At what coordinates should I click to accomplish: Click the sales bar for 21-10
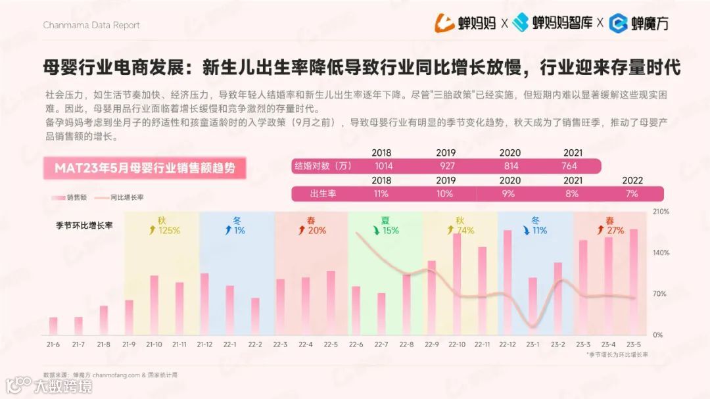154,305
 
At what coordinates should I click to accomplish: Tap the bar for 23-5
633,282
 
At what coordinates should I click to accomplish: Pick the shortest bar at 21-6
53,326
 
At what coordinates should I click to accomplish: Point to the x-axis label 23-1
532,344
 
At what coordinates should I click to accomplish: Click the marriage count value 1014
383,166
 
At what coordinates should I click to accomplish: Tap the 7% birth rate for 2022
632,194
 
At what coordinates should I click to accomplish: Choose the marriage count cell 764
569,166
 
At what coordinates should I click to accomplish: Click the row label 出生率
323,194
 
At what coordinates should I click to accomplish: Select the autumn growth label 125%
165,230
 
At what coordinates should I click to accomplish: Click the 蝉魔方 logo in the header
639,24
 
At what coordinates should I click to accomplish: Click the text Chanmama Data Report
91,25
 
